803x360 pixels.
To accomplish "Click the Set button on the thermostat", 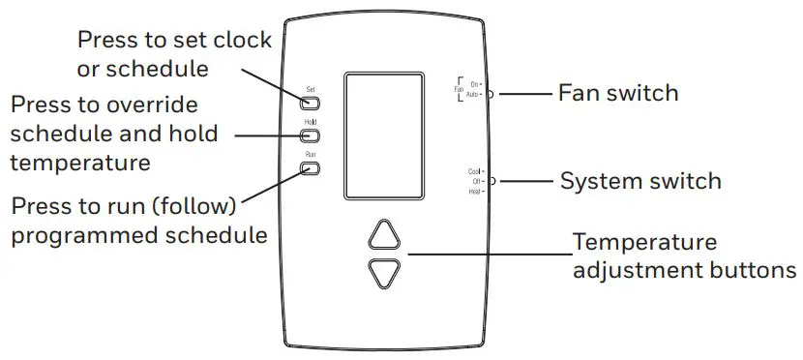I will click(311, 103).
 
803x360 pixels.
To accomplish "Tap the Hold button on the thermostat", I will click(311, 135).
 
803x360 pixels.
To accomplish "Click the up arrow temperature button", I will click(384, 236).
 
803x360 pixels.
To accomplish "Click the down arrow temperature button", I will click(384, 274).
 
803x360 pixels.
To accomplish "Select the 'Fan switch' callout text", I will click(618, 94).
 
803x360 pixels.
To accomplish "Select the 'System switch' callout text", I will click(640, 181).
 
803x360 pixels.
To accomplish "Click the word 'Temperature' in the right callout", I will click(644, 242).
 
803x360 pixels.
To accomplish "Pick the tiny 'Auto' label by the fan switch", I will click(473, 95).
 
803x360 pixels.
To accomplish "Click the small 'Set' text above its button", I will click(311, 89).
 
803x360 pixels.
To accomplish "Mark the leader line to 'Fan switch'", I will click(522, 94).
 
